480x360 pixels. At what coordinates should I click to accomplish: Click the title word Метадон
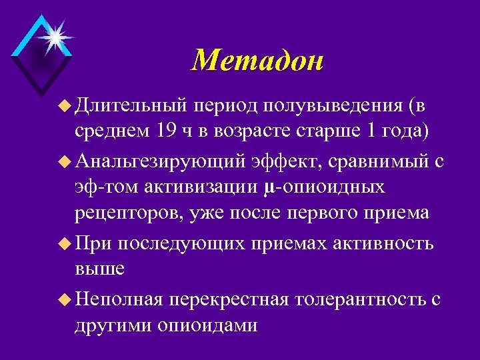(x=257, y=61)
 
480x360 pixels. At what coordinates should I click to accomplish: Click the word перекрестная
(x=229, y=299)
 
